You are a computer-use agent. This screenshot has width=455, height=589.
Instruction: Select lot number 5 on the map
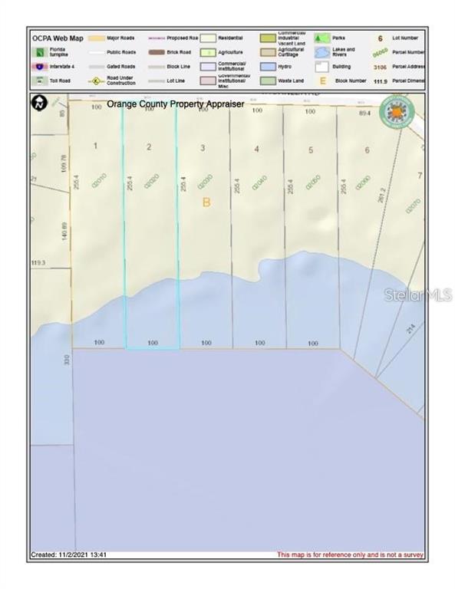coord(311,150)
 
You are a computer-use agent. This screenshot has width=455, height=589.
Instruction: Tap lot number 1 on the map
coord(95,146)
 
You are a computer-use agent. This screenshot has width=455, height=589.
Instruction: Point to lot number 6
coord(367,150)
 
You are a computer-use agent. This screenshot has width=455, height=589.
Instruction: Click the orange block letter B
coord(206,202)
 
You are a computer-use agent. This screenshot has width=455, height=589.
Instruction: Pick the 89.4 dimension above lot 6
coord(365,113)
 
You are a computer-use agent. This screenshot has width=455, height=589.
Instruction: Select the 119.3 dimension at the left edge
coord(38,262)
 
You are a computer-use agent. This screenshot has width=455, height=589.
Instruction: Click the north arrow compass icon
coord(38,102)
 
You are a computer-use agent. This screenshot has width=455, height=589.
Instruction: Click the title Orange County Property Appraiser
coord(175,104)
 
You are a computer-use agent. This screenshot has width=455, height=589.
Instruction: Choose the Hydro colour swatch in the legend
coord(269,66)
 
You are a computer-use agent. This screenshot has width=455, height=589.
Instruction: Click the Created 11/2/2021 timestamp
coord(68,554)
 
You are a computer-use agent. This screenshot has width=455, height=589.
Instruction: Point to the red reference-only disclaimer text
coord(350,554)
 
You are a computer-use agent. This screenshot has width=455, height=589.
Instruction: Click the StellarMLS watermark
coord(418,294)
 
